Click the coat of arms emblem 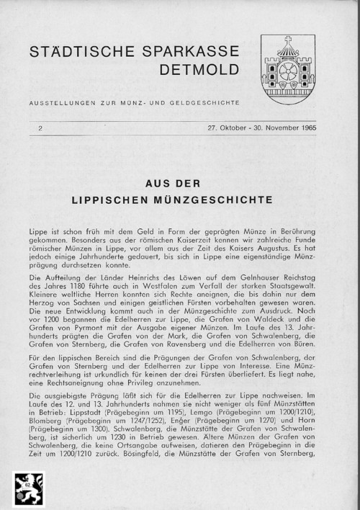pyautogui.click(x=287, y=68)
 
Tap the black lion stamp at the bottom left pyautogui.click(x=29, y=490)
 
